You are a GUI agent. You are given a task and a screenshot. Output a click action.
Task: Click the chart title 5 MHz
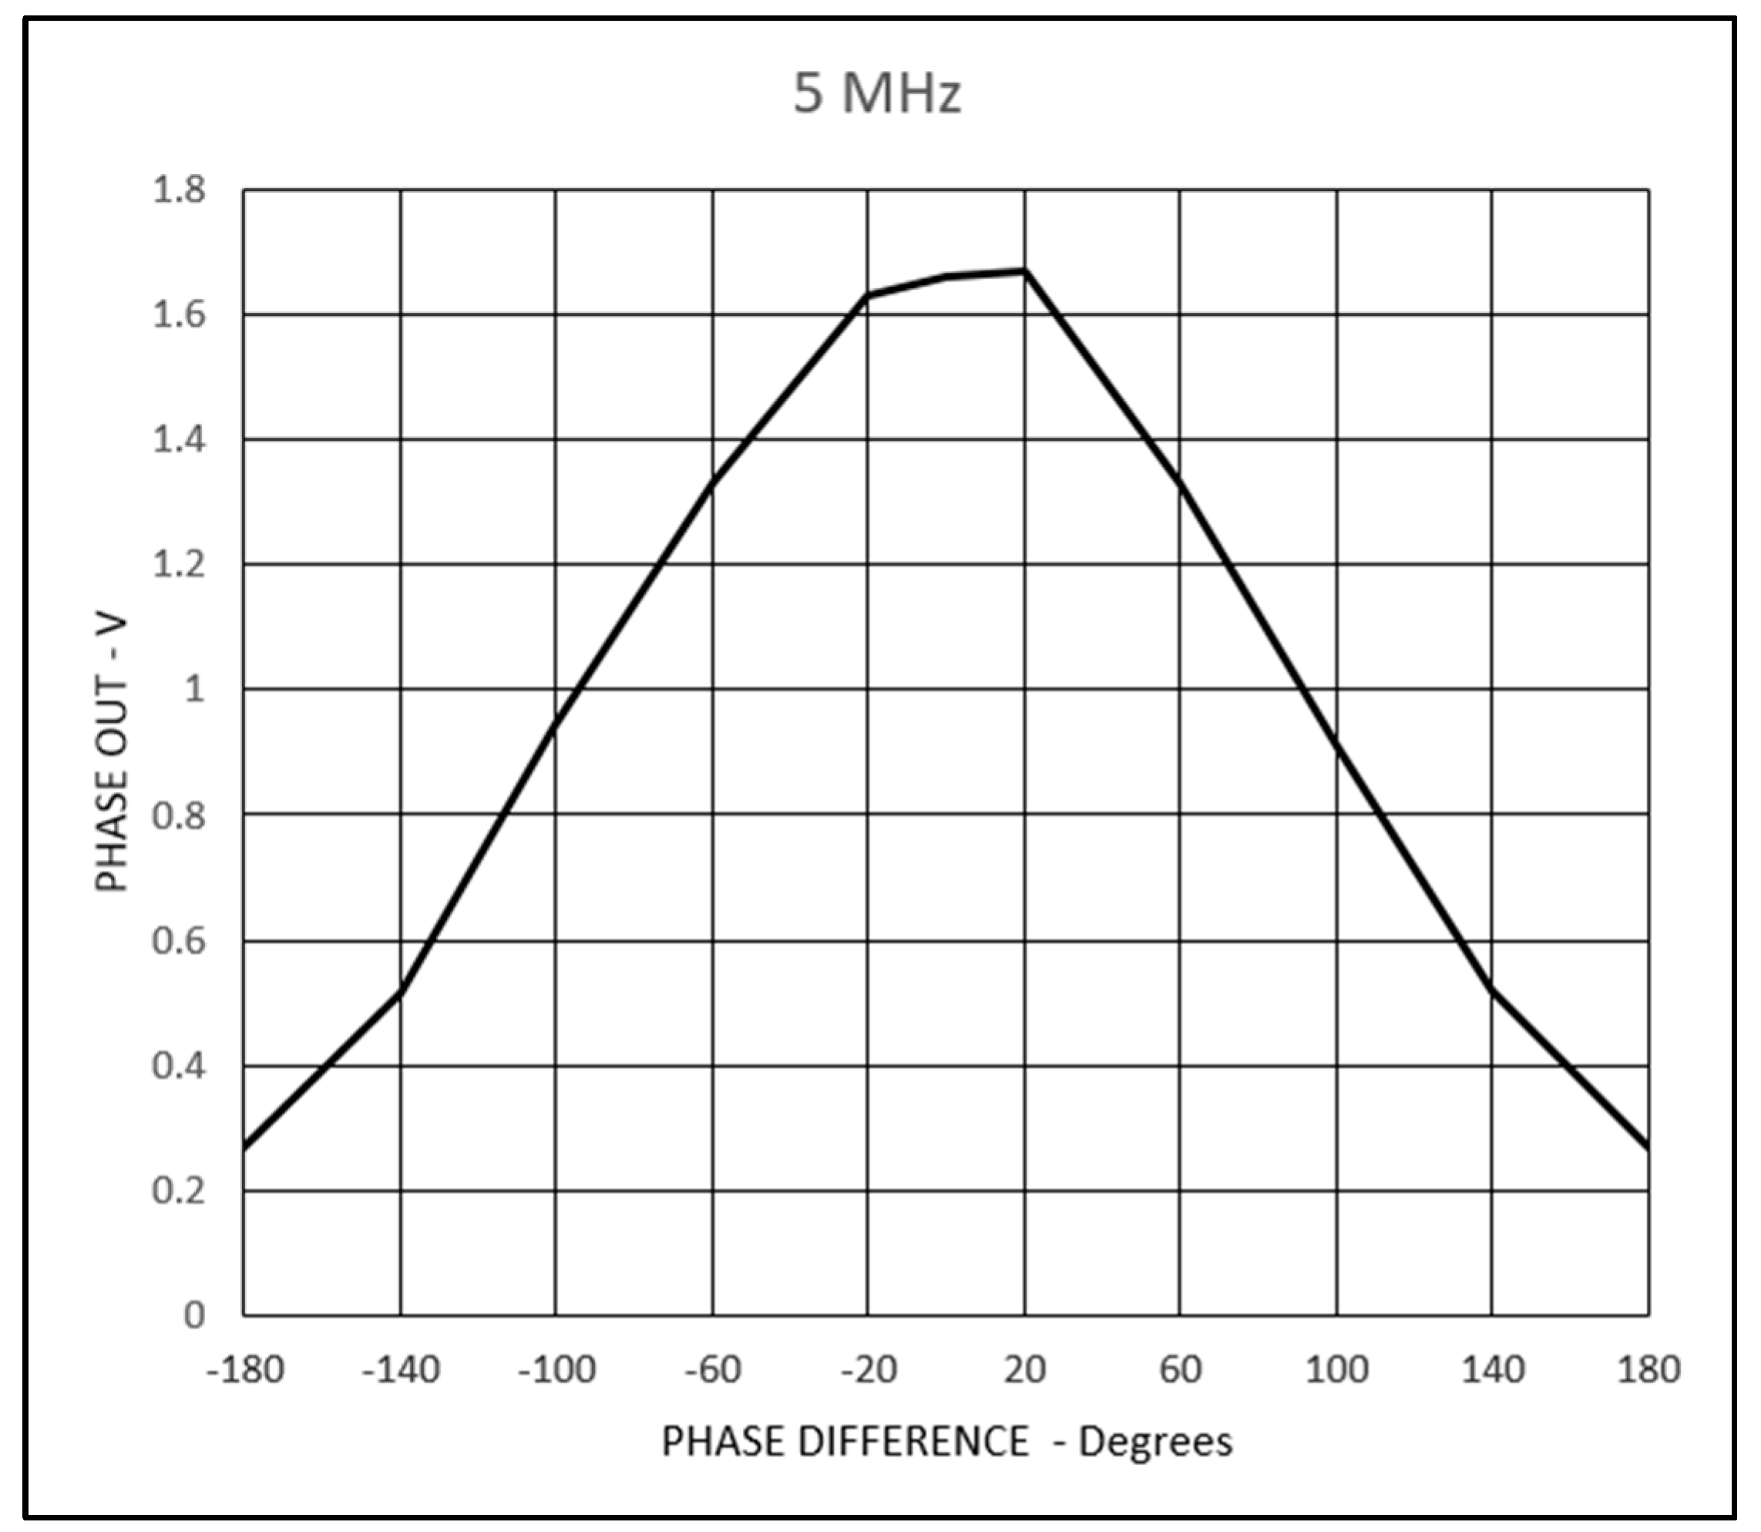click(877, 93)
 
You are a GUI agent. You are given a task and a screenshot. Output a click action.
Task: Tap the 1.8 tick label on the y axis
click(179, 190)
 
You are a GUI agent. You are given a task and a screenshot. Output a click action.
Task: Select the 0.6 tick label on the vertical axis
click(179, 940)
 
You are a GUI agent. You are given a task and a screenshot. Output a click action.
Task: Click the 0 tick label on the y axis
click(194, 1315)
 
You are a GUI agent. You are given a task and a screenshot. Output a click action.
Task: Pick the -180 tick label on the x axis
click(244, 1369)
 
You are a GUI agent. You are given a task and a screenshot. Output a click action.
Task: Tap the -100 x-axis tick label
click(556, 1369)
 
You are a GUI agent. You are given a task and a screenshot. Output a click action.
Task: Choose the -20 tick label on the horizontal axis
click(869, 1369)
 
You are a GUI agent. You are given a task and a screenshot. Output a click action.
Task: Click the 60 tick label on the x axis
click(1181, 1369)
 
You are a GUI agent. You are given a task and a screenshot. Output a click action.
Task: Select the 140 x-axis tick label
click(1493, 1369)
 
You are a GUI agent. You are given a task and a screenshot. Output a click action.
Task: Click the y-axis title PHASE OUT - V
click(112, 752)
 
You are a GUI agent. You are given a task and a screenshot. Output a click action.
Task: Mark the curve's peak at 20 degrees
click(1025, 271)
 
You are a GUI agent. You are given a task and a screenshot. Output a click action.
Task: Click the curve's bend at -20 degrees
click(869, 295)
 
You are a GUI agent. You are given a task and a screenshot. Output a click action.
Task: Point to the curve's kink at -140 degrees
click(400, 991)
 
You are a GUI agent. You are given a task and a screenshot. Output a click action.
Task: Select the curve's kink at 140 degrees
click(1493, 989)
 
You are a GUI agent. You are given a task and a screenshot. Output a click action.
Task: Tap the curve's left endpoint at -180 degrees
click(244, 1147)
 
